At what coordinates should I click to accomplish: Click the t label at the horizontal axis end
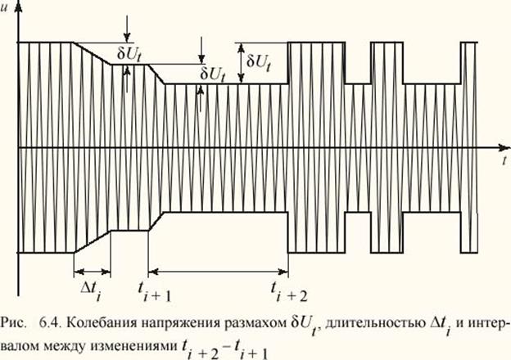pyautogui.click(x=496, y=161)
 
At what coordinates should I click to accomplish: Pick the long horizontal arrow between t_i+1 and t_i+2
pyautogui.click(x=218, y=272)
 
